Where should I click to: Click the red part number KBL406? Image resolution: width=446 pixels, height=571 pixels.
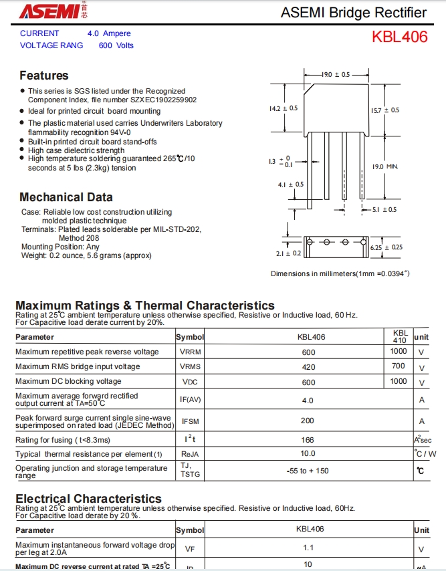[399, 37]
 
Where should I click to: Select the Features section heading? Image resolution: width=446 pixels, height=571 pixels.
[43, 76]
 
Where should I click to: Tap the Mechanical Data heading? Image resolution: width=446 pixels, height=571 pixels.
[66, 197]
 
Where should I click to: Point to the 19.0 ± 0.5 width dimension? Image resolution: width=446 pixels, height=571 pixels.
[335, 74]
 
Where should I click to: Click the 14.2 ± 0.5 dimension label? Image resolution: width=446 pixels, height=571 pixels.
[283, 108]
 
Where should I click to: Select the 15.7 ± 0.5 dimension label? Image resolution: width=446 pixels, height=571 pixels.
[385, 110]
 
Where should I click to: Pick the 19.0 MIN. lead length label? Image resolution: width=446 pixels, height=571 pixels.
[385, 166]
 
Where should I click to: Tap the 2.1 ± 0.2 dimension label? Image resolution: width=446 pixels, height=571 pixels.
[288, 253]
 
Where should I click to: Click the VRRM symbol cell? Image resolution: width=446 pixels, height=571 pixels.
[190, 352]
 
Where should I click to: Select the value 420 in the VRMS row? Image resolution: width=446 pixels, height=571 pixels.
[308, 366]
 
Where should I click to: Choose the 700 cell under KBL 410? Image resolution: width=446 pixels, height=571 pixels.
[399, 366]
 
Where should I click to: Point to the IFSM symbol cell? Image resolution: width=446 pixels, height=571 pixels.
[190, 422]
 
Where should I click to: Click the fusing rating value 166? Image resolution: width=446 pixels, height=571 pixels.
[308, 440]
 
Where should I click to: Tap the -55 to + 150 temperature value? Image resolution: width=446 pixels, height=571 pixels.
[308, 471]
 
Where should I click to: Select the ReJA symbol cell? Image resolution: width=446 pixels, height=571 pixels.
[190, 454]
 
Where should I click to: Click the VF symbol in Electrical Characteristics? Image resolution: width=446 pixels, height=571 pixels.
[190, 549]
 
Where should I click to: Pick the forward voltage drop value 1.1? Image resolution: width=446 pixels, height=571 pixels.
[308, 548]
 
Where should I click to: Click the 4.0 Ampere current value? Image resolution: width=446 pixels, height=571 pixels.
[109, 33]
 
